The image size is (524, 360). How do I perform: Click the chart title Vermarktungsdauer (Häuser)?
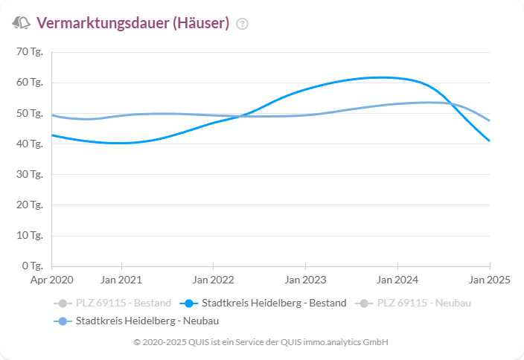tap(132, 23)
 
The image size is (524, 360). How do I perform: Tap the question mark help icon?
tap(242, 24)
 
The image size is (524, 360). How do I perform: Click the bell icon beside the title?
tap(21, 23)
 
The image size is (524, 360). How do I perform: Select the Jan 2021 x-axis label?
tap(121, 280)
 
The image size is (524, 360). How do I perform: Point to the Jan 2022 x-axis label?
tap(214, 280)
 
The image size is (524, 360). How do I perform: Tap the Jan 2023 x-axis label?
tap(305, 280)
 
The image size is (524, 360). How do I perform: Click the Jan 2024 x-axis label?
tap(397, 280)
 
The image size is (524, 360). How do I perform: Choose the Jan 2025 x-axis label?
tap(489, 280)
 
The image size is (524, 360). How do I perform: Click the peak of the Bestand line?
tap(380, 77)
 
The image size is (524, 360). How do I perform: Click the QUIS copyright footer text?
tap(261, 342)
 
